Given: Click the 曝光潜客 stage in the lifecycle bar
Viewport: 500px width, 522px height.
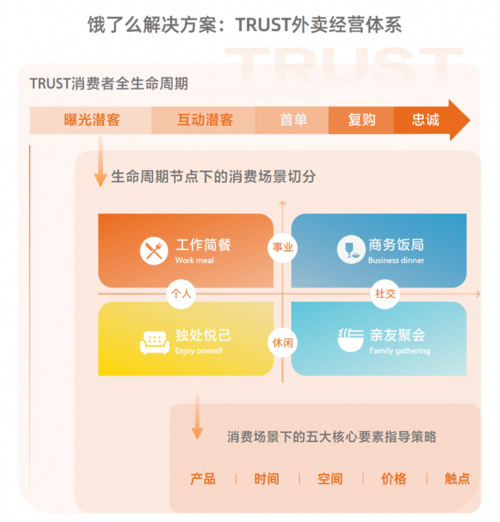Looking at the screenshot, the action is (x=92, y=119).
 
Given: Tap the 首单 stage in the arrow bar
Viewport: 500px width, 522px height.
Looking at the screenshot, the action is (x=293, y=119).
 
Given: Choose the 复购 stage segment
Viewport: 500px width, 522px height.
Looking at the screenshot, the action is (x=361, y=119).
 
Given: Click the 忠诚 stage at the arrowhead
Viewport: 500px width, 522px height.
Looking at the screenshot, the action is (x=426, y=119).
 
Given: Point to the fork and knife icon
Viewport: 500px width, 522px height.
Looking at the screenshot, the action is (x=154, y=251).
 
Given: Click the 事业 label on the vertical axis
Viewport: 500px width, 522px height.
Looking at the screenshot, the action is (x=283, y=247).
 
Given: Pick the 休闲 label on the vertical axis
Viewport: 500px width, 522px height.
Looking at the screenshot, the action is (x=283, y=342).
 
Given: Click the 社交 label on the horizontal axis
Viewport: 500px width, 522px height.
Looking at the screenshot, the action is (x=386, y=293).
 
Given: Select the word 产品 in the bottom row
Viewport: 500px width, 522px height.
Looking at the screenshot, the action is (x=202, y=478).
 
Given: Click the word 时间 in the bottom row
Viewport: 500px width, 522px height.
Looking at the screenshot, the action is (x=266, y=478).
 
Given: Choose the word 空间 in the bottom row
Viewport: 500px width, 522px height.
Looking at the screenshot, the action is (x=330, y=478).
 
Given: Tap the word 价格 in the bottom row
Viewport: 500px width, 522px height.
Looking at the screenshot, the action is (x=393, y=478).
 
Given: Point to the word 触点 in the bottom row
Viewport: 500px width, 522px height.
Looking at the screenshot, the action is (x=457, y=478).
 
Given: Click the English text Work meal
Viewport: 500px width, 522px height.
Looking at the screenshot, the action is (x=195, y=260).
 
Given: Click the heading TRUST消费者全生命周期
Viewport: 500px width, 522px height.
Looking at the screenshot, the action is (x=109, y=83).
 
